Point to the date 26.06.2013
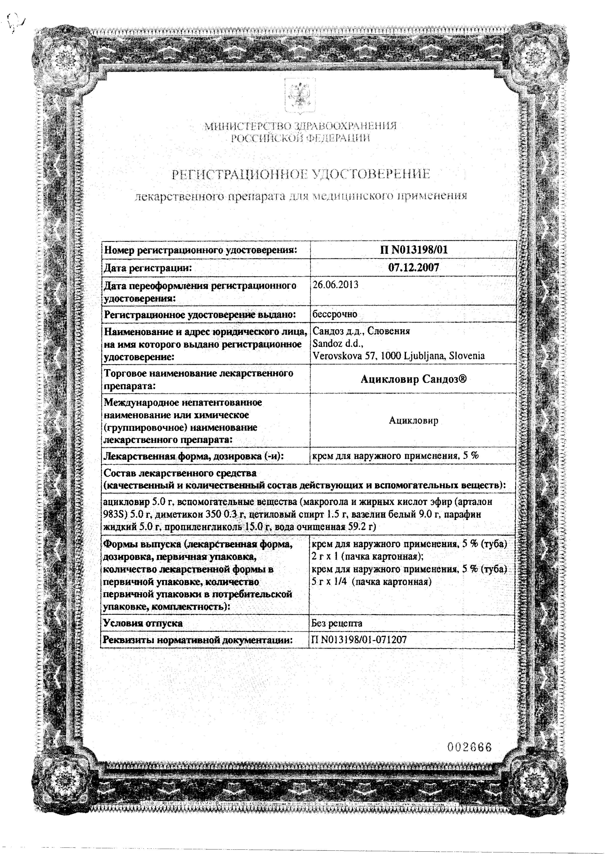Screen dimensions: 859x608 (335, 285)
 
